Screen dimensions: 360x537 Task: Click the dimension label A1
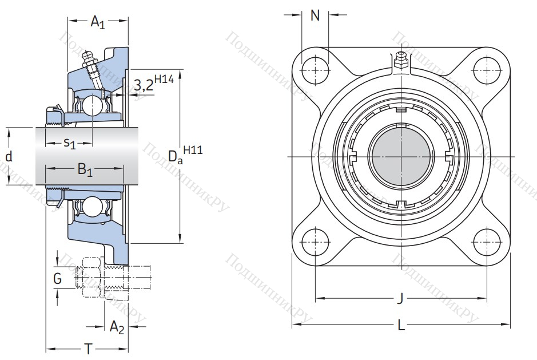point(98,23)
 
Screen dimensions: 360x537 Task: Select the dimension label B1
point(85,170)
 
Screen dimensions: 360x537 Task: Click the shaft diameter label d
point(9,157)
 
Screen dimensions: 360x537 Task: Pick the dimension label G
point(57,279)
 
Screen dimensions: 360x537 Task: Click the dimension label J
point(400,298)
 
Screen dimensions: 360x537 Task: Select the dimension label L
point(401,326)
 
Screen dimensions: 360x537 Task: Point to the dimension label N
point(315,15)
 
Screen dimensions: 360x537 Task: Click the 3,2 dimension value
point(143,86)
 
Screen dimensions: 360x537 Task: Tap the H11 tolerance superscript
point(194,150)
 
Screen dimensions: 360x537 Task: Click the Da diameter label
point(175,156)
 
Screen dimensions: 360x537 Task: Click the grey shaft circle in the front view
point(401,155)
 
